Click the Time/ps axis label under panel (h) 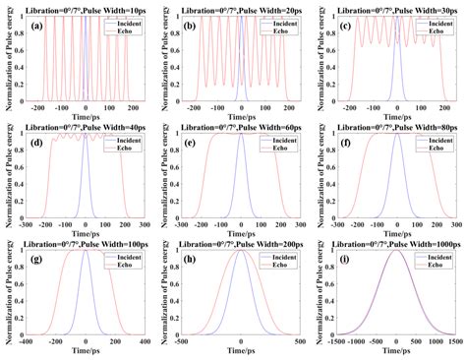(241, 353)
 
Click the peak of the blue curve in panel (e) (241, 135)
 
